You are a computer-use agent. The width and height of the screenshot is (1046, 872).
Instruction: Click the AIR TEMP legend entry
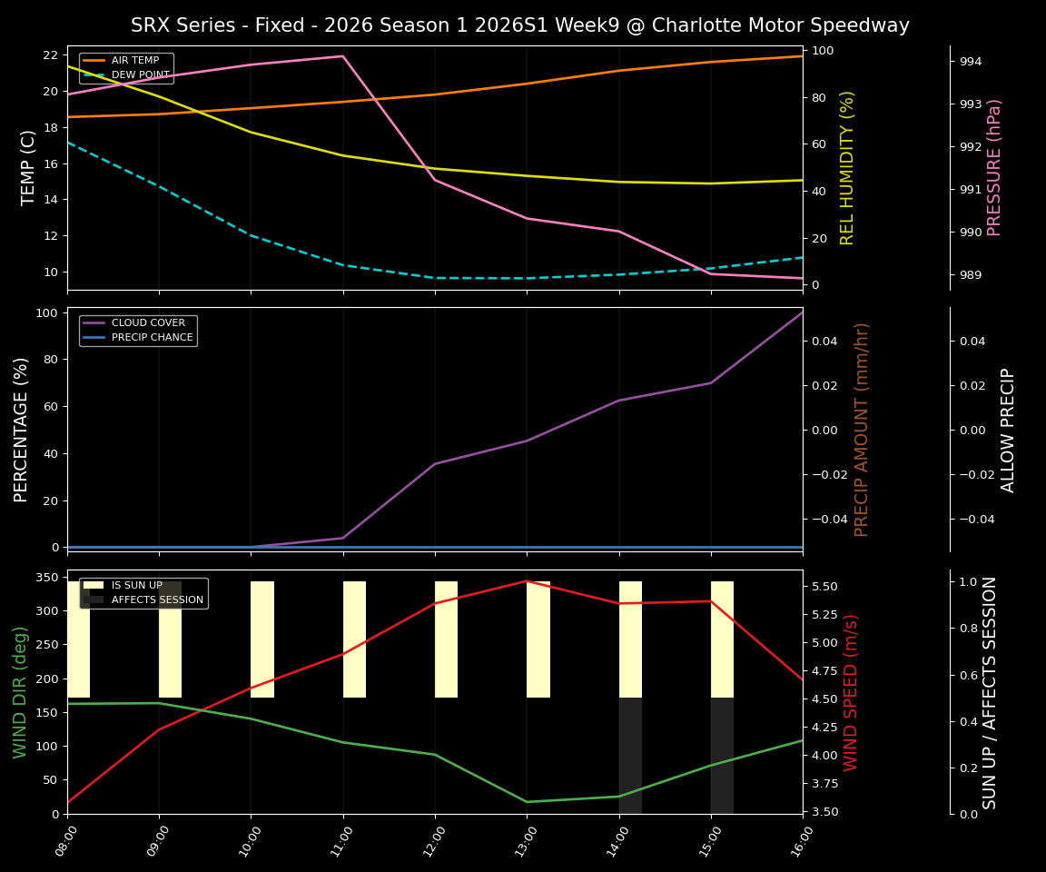(134, 60)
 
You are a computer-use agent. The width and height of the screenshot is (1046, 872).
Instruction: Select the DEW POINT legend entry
(140, 74)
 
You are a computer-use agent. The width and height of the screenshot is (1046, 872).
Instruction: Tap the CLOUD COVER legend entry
(148, 322)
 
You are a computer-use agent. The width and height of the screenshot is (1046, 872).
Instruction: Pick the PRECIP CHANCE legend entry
(152, 337)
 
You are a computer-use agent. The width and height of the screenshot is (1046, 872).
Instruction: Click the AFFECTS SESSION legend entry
(157, 599)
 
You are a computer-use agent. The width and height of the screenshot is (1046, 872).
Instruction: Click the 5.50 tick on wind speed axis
(824, 587)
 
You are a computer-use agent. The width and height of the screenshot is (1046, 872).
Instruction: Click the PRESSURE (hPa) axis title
(995, 167)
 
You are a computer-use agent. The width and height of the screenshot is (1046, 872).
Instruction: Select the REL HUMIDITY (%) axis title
(848, 167)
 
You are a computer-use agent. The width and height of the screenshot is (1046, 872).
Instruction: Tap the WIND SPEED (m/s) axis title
(851, 692)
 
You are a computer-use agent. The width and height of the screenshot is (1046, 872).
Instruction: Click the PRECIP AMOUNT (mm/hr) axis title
(862, 429)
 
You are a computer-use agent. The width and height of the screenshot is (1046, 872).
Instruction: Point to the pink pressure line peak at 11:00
(342, 56)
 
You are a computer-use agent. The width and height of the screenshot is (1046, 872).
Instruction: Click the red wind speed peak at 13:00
(527, 580)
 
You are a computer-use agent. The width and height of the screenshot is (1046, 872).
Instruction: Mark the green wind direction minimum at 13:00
(527, 802)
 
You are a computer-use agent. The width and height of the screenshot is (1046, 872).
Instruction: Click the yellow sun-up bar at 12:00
(446, 639)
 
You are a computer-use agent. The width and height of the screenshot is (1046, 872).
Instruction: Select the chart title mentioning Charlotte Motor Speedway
(520, 25)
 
